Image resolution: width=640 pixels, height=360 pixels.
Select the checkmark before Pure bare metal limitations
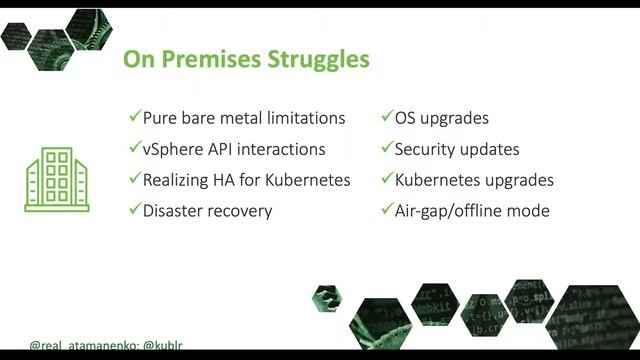pyautogui.click(x=135, y=118)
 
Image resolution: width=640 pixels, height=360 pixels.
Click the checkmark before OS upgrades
pyautogui.click(x=387, y=118)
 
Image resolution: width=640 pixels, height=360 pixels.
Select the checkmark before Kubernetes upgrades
pyautogui.click(x=387, y=180)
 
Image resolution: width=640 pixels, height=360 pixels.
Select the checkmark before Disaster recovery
pyautogui.click(x=135, y=211)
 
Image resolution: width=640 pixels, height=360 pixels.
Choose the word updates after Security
pyautogui.click(x=491, y=149)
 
